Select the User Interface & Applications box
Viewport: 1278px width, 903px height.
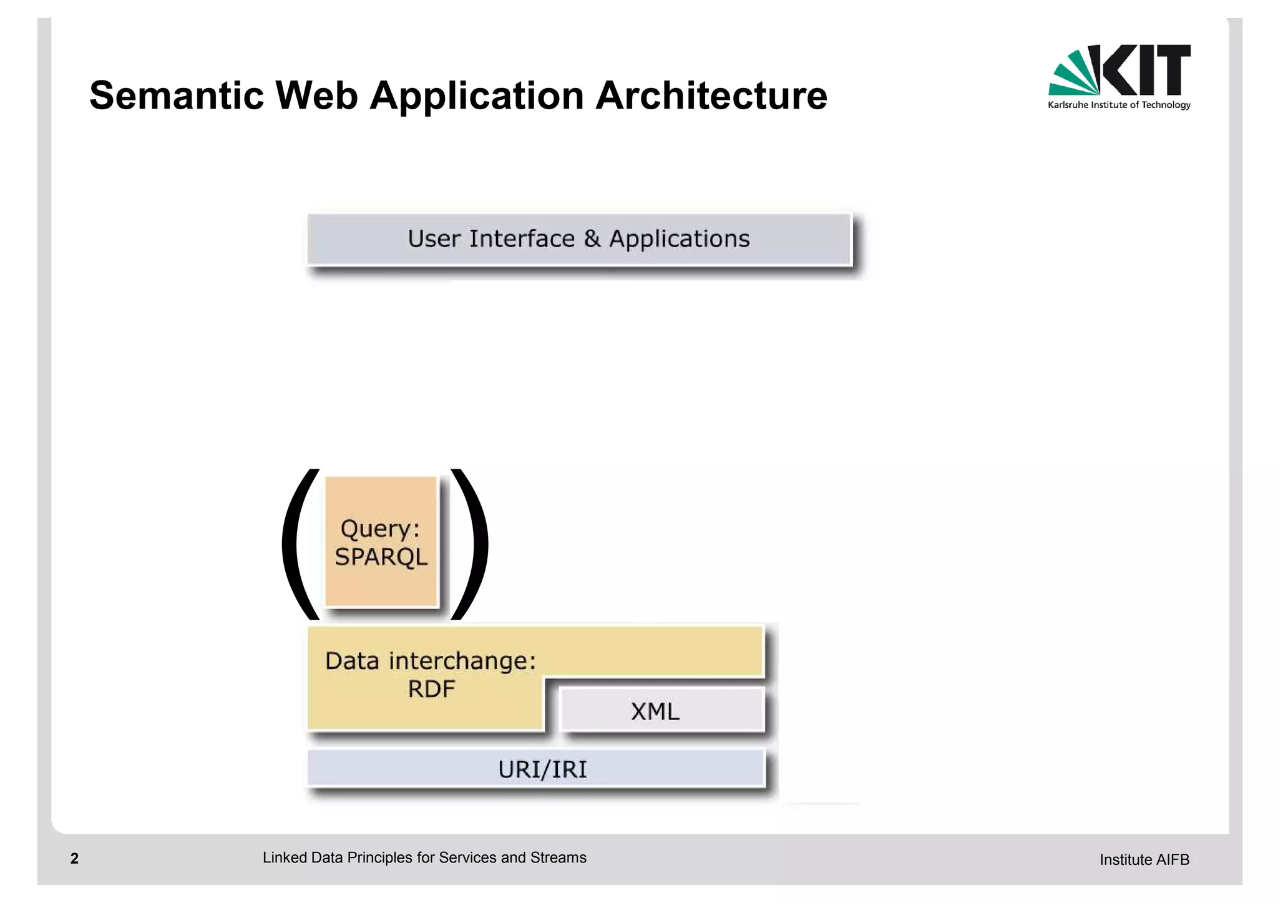point(578,240)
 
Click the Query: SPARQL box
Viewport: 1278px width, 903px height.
point(381,542)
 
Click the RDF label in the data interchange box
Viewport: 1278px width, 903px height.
point(431,690)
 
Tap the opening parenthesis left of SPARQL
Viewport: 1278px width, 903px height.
point(300,543)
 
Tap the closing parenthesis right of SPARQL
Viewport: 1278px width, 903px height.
point(469,543)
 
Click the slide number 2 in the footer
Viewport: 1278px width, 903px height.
point(74,859)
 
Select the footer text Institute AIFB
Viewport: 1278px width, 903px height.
point(1144,860)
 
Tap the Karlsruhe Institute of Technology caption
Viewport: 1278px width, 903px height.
point(1119,105)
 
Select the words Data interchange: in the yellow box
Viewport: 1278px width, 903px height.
point(431,661)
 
